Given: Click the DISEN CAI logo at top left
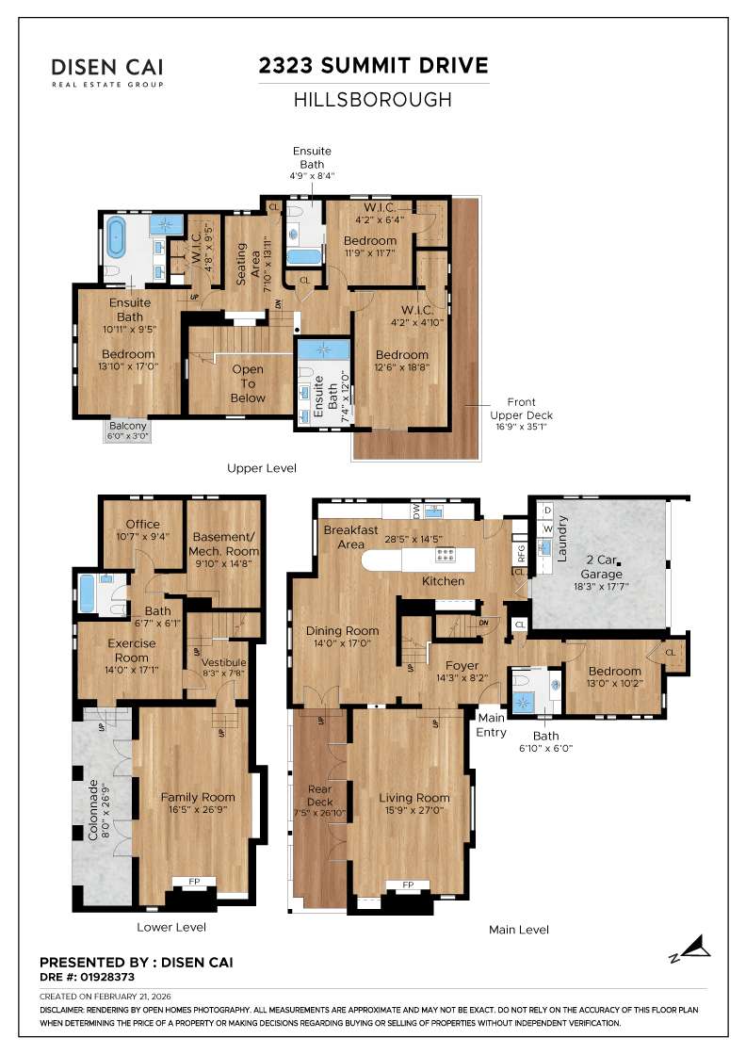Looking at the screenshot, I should [x=107, y=71].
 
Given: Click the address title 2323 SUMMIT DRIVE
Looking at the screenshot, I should [x=374, y=65].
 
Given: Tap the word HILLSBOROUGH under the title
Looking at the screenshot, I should [x=374, y=99].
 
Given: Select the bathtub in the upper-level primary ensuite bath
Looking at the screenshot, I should [x=118, y=239].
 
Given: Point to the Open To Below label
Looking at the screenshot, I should [x=249, y=383].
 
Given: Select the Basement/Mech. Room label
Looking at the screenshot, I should [x=223, y=544].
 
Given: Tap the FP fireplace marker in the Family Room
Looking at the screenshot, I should [x=194, y=882].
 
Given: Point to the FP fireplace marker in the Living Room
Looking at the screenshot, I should [x=408, y=885].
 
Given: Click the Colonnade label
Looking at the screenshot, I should [x=92, y=809].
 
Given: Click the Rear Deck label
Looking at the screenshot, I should [x=320, y=795].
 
